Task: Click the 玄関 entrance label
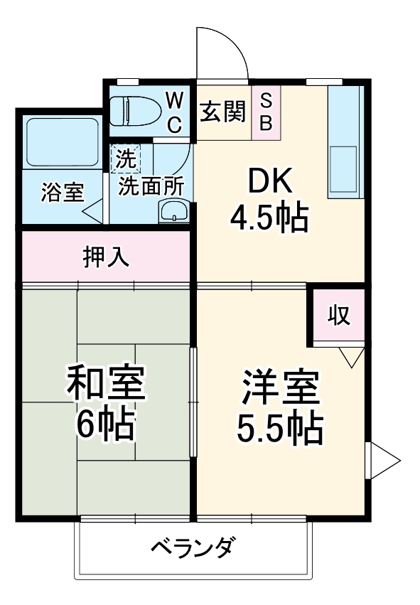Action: (222, 112)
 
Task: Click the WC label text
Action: (175, 112)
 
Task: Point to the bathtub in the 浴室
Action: (62, 141)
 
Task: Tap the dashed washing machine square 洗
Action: (126, 159)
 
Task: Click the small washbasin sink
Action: (174, 211)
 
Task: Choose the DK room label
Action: (269, 183)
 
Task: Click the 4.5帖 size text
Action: (269, 218)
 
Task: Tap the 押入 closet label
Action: (106, 257)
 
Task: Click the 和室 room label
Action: (107, 385)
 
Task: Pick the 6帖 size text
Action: (107, 425)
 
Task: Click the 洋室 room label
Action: (280, 387)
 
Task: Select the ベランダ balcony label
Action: (192, 548)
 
